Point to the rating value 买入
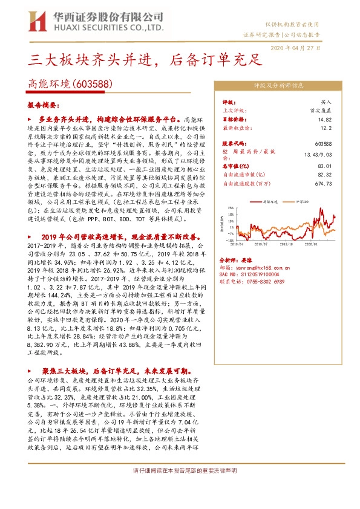pyautogui.click(x=327, y=103)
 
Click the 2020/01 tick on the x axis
pyautogui.click(x=312, y=245)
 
